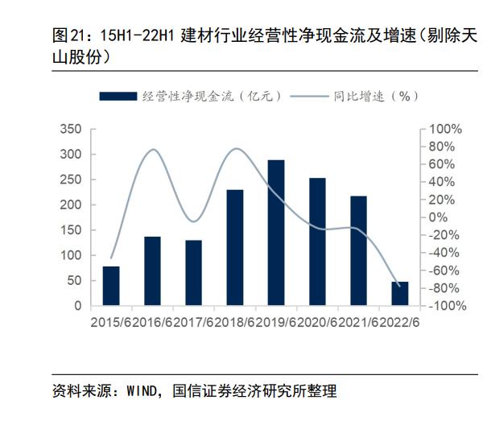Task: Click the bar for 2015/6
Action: point(111,286)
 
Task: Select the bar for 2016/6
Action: point(152,271)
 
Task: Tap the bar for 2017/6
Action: point(193,273)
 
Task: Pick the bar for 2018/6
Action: point(235,248)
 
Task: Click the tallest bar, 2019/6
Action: point(276,233)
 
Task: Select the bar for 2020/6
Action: point(317,241)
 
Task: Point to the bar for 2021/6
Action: point(358,250)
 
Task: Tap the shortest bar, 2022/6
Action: point(400,294)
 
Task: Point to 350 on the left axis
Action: point(72,129)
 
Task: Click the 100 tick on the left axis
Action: point(72,256)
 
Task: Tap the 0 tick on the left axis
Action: point(78,307)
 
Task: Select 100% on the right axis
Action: point(445,129)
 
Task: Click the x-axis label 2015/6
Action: point(111,323)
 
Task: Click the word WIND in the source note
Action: point(142,392)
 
